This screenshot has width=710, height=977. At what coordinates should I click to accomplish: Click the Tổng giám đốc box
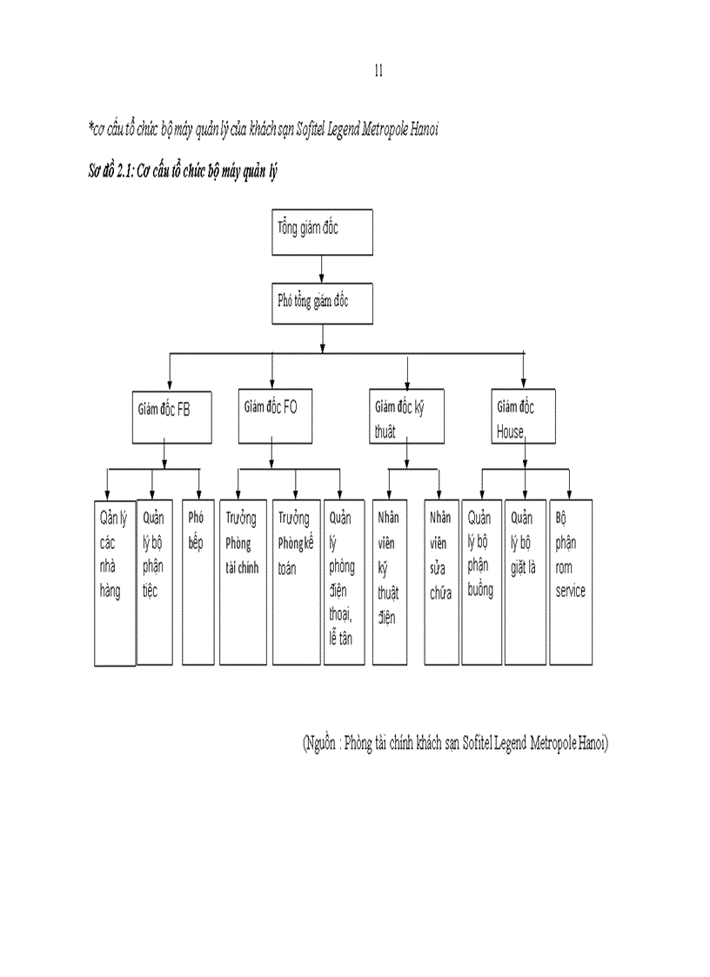(x=323, y=232)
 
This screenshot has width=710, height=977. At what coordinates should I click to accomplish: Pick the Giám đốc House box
(x=524, y=417)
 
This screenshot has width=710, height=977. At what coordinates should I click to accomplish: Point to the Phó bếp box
(x=198, y=582)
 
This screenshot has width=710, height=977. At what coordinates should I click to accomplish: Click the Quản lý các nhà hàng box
(x=115, y=582)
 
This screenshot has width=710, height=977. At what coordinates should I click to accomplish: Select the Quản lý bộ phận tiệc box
(x=156, y=582)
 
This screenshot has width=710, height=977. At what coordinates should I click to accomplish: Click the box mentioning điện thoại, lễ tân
(x=345, y=582)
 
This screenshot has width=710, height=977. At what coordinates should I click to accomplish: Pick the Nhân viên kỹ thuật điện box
(x=389, y=582)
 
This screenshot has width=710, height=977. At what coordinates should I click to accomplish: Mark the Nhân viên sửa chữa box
(x=441, y=582)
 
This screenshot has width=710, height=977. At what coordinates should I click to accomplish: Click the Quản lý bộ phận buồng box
(x=481, y=582)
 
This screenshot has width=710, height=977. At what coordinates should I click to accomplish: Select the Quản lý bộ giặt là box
(x=525, y=582)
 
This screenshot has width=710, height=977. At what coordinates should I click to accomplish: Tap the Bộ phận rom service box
(x=571, y=582)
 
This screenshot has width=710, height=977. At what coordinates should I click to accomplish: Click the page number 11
(x=378, y=71)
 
